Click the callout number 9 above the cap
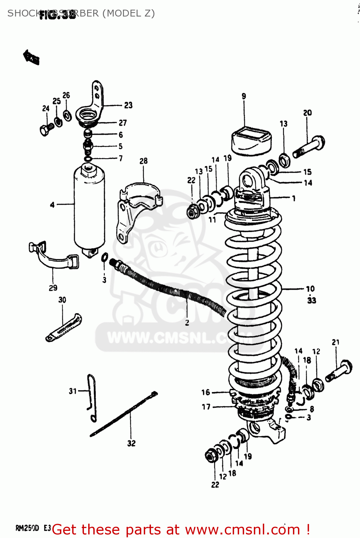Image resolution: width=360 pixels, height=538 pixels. pos(244,96)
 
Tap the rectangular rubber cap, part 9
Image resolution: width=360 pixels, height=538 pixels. pos(251,140)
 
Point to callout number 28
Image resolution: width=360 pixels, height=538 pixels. pos(143,161)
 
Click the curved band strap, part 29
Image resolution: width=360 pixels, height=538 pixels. pos(54,257)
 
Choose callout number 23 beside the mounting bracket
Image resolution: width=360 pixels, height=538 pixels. pos(128,105)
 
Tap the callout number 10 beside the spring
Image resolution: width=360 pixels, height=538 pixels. pos(310,289)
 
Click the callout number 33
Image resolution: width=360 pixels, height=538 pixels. pos(312,300)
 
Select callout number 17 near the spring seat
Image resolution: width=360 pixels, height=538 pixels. pos(206,407)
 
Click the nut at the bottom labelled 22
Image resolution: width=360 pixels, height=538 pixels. pos(211,456)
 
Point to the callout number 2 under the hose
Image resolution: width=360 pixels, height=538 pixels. pos(187,323)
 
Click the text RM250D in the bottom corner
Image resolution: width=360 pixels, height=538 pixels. pos(27,528)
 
